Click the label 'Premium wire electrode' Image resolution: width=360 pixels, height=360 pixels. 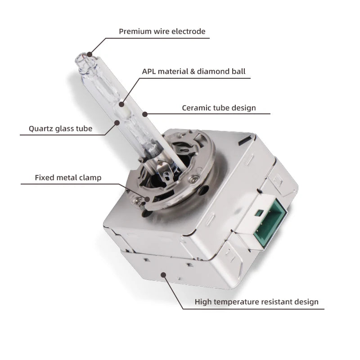(x=162, y=31)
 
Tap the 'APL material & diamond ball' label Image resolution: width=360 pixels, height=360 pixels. (x=193, y=71)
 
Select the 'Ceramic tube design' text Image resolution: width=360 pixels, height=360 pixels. (x=219, y=108)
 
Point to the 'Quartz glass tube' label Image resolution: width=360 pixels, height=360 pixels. (x=61, y=129)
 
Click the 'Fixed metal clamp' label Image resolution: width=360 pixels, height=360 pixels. (x=68, y=177)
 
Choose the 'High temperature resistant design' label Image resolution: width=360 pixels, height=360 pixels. (x=256, y=301)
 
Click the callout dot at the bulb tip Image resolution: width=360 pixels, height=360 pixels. (x=89, y=54)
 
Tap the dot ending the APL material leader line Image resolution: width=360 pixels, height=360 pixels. (x=121, y=104)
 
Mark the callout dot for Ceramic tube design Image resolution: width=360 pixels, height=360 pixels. (x=144, y=114)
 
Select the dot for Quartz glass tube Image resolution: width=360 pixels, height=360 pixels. (x=117, y=123)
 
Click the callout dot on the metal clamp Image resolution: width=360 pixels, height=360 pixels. (x=147, y=199)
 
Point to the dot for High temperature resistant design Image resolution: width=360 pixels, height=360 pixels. (x=163, y=274)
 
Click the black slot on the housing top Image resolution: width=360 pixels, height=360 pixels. (x=245, y=140)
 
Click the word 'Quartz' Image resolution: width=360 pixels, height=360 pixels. (x=40, y=129)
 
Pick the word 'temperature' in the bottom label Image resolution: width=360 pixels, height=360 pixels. (x=236, y=302)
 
